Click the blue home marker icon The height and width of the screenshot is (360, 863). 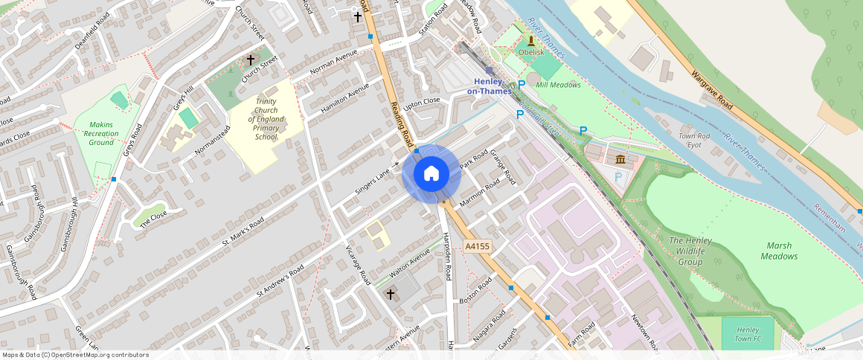coord(431,174)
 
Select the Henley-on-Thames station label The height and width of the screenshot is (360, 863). coord(489,86)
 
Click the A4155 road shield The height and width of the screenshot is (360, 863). coord(477,245)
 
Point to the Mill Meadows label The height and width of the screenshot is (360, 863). coord(558,85)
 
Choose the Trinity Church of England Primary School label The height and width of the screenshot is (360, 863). coord(266,119)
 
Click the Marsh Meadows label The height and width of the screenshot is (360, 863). coord(779,251)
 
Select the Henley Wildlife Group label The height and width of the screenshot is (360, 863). coord(690,251)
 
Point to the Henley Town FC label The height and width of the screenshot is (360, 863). coord(746,334)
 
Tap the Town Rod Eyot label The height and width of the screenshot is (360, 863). coord(694,141)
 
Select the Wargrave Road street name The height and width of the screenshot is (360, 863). coord(712,91)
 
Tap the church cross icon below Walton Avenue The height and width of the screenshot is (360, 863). coord(391,295)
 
